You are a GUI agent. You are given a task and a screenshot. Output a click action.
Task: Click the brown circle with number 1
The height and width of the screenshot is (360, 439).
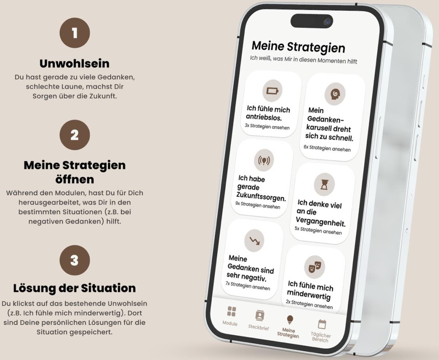(75, 33)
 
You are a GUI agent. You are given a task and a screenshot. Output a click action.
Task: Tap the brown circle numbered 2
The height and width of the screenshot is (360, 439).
(75, 135)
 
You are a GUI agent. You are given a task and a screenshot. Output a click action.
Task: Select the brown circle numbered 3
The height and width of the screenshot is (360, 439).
(75, 260)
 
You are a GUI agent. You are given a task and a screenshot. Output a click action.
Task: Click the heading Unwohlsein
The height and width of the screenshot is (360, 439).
(75, 64)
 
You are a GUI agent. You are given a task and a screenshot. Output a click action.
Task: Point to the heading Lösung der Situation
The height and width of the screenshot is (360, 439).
(75, 288)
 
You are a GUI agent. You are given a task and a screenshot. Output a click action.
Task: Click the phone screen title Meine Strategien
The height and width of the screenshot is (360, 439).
(298, 47)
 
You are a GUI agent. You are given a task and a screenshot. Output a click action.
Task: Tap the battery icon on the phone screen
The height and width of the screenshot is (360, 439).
(272, 91)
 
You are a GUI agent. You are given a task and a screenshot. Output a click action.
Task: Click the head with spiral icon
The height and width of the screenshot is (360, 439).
(334, 94)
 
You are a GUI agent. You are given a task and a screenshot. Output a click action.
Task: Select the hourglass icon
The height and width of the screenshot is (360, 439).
(324, 184)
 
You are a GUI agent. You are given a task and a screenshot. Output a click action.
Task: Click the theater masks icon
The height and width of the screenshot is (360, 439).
(315, 266)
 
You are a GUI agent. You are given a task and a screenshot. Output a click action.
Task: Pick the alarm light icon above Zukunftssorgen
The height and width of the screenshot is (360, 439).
(264, 160)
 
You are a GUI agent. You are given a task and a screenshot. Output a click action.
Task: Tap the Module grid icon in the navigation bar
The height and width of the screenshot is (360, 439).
(231, 311)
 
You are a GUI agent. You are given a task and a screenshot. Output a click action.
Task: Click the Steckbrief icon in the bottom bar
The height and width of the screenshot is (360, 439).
(260, 315)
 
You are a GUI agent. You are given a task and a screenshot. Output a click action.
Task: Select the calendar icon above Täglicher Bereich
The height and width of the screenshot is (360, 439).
(322, 324)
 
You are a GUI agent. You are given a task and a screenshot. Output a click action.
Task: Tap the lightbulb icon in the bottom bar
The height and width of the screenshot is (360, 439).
(290, 320)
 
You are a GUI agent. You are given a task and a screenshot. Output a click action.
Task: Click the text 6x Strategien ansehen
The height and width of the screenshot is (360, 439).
(327, 148)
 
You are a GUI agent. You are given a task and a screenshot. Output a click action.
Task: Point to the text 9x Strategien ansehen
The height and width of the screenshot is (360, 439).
(258, 205)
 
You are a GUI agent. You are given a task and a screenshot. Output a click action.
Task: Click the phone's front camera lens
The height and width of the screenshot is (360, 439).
(327, 21)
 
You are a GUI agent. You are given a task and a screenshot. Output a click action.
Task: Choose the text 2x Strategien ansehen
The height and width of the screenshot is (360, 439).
(309, 304)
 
